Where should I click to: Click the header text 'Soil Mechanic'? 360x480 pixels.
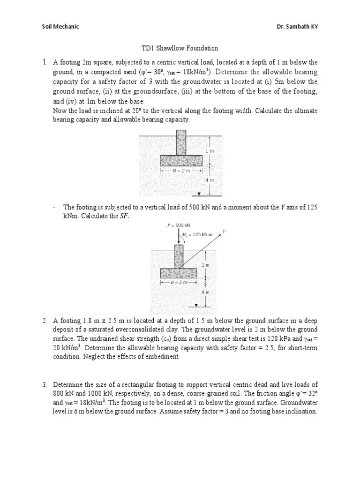(60, 26)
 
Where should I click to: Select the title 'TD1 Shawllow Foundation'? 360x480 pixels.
(180, 48)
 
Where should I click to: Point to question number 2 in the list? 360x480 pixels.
(45, 321)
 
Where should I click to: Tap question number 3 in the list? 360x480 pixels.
(45, 384)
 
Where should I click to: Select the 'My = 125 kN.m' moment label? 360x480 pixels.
(196, 234)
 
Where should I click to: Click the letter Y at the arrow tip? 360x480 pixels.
(224, 231)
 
